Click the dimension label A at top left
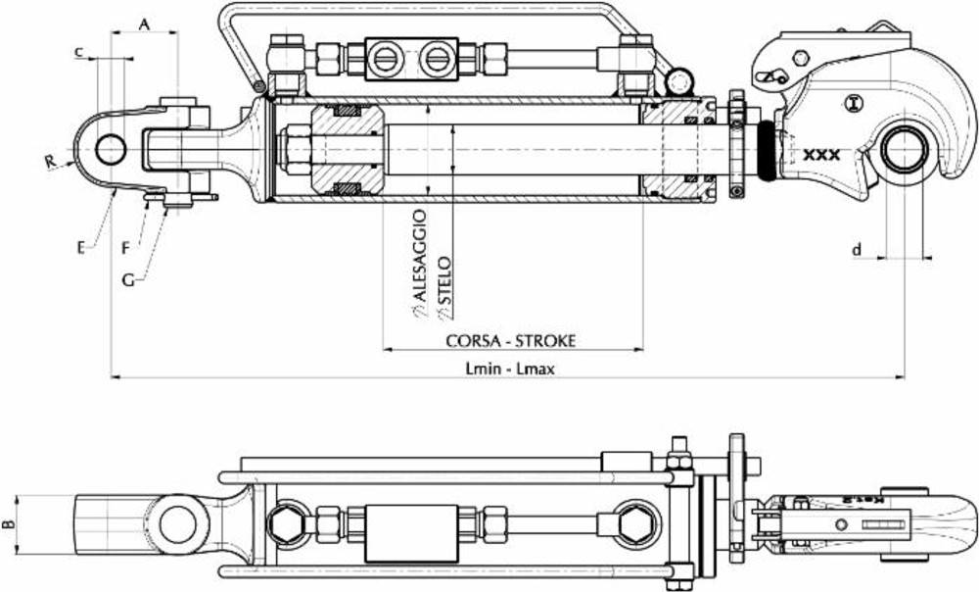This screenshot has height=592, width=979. [145, 24]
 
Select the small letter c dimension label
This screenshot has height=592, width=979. [78, 52]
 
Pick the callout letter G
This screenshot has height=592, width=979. [128, 279]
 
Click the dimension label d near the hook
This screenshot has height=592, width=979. [857, 251]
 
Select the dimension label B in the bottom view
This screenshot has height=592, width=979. [9, 526]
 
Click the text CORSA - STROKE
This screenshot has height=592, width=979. [511, 340]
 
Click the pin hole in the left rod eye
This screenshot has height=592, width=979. [111, 150]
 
